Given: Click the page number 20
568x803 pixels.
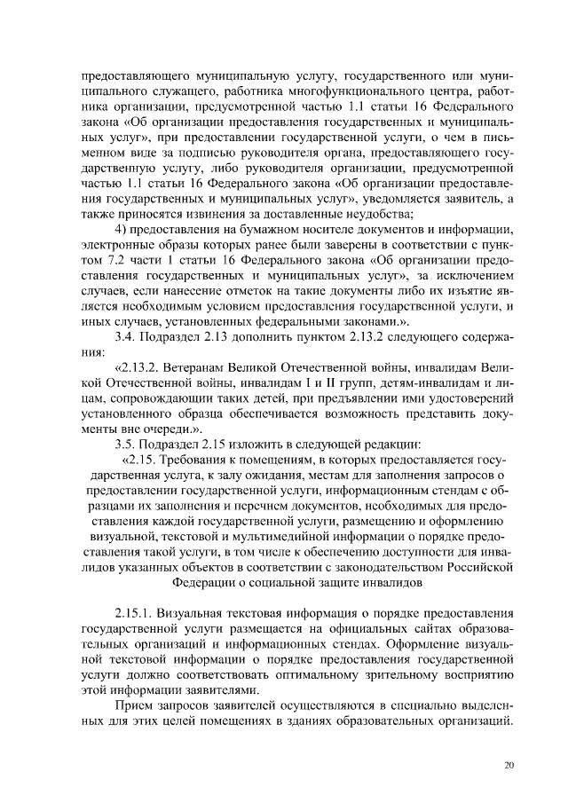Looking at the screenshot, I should pos(509,766).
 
